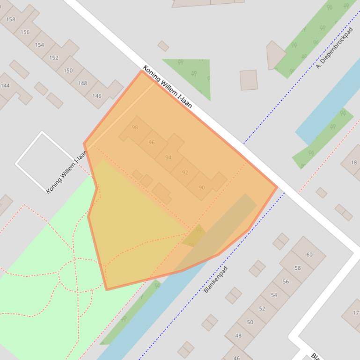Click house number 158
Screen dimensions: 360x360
point(10,19)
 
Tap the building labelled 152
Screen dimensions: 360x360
point(54,58)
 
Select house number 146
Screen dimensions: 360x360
point(96,96)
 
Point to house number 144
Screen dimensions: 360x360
point(5,86)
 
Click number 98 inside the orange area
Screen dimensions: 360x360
point(135,127)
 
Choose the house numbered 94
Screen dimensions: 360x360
point(168,157)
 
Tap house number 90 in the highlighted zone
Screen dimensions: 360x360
point(202,187)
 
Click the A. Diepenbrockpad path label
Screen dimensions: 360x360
point(334,48)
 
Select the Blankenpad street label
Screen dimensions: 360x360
point(215,279)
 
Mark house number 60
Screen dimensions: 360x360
point(309,254)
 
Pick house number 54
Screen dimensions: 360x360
point(274,295)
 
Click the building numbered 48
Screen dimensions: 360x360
point(238,335)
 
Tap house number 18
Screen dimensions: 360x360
point(354,162)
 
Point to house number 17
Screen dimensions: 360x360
point(355,313)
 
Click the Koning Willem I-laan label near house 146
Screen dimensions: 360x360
point(167,86)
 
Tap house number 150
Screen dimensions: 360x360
point(68,71)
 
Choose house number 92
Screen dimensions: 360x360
point(185,172)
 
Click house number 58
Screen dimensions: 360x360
point(298,268)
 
